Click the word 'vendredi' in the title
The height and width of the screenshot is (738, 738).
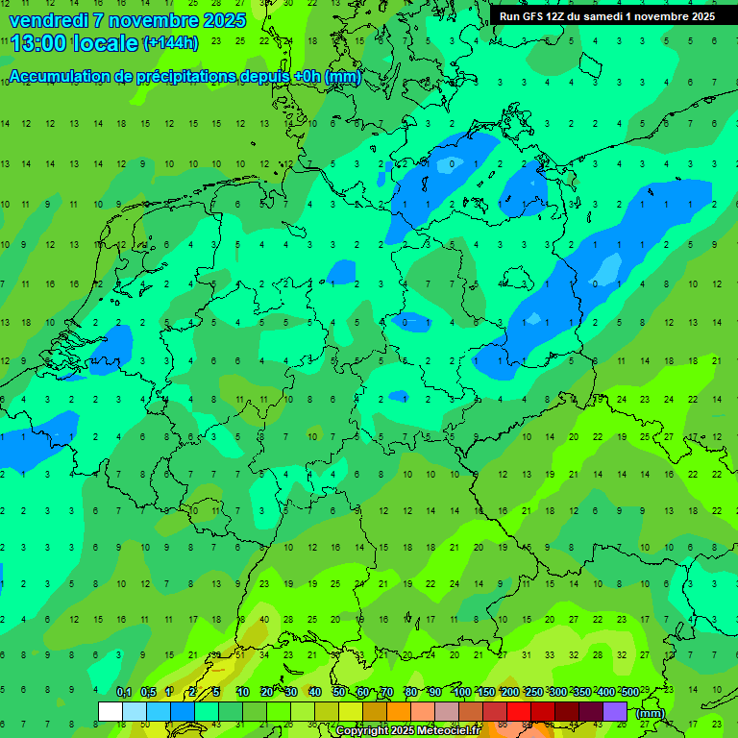[48, 20]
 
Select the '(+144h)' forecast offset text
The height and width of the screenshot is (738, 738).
[171, 43]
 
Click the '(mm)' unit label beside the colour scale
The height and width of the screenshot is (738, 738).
[651, 713]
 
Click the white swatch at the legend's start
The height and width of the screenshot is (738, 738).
[110, 712]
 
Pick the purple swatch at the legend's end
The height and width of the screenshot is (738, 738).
[615, 712]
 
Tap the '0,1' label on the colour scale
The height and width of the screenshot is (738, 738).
[124, 692]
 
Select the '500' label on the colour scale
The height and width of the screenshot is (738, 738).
[629, 692]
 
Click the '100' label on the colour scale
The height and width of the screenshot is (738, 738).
[462, 692]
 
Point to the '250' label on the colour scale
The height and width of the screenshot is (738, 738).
[534, 692]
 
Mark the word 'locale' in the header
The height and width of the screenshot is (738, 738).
[110, 43]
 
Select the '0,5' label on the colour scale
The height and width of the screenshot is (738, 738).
[148, 692]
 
